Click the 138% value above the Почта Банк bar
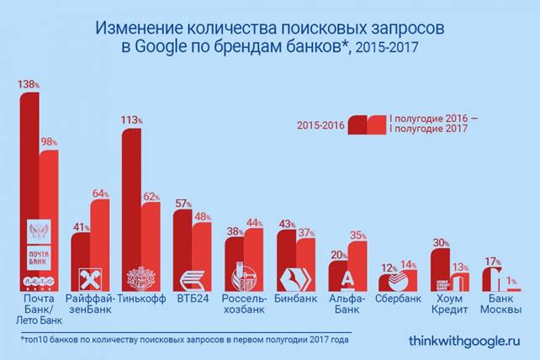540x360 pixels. (29, 86)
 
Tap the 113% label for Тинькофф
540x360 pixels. (132, 120)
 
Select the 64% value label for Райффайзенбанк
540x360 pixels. (101, 193)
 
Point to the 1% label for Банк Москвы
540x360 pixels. (511, 282)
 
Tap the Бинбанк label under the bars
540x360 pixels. (296, 299)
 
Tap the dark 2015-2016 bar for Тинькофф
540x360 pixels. (131, 210)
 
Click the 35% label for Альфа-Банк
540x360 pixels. (358, 236)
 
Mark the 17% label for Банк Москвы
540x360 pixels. (495, 261)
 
